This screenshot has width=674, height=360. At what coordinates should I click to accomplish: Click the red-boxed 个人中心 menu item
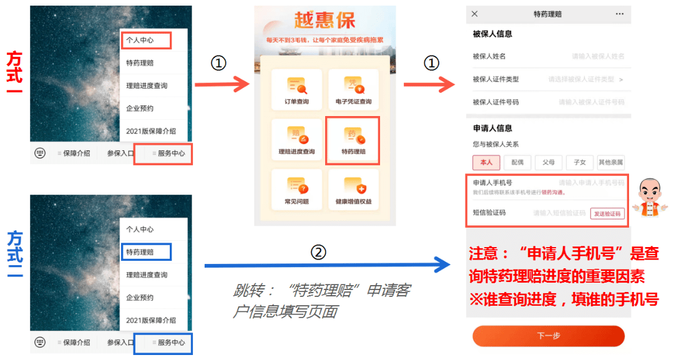point(145,41)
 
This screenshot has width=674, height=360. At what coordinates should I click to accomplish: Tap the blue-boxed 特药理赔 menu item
point(145,252)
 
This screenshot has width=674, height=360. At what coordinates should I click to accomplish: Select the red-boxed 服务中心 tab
point(164,153)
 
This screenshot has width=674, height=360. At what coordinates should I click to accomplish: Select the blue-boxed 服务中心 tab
point(164,343)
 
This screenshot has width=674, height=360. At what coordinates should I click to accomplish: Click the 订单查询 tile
point(296,90)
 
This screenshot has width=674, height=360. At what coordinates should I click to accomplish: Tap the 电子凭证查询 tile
point(353,90)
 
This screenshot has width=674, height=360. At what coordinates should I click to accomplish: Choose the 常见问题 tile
point(296,188)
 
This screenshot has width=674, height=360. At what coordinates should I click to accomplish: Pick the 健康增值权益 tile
point(353,188)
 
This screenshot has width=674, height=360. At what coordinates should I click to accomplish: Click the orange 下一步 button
point(548,336)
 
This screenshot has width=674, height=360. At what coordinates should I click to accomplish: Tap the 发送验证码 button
point(607,213)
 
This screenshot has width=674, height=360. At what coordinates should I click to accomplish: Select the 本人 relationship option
point(486,162)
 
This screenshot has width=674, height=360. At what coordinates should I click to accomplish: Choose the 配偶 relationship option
point(517,162)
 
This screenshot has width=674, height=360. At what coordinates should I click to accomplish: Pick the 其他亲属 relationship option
point(610,162)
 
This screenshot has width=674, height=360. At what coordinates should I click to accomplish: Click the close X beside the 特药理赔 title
point(475,14)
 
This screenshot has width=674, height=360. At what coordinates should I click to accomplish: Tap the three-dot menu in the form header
point(619,14)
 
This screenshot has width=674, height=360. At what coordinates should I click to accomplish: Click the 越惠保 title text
point(325,22)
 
